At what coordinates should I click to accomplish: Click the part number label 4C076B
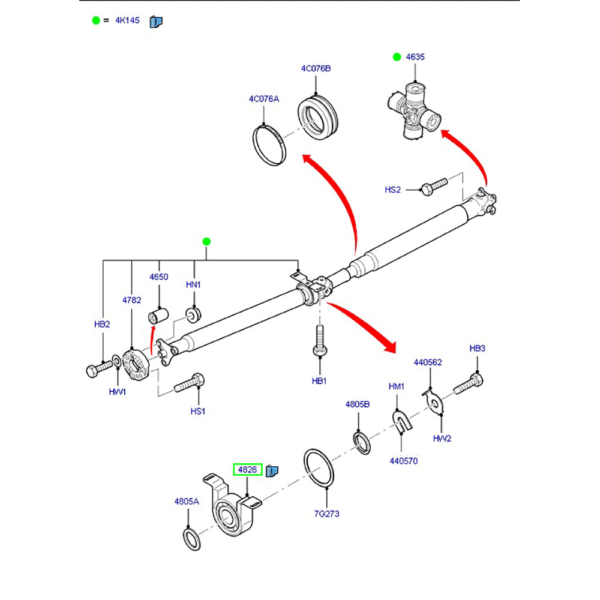(x=316, y=68)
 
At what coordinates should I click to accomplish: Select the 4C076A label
(x=264, y=98)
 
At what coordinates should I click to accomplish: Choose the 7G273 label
(x=326, y=514)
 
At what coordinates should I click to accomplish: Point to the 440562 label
(x=428, y=362)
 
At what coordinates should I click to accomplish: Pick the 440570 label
(x=403, y=461)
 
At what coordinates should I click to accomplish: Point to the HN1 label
(x=193, y=284)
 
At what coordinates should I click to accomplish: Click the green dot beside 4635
(x=396, y=57)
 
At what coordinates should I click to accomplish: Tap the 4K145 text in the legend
(x=127, y=20)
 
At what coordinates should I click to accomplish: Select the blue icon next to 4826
(x=272, y=470)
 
